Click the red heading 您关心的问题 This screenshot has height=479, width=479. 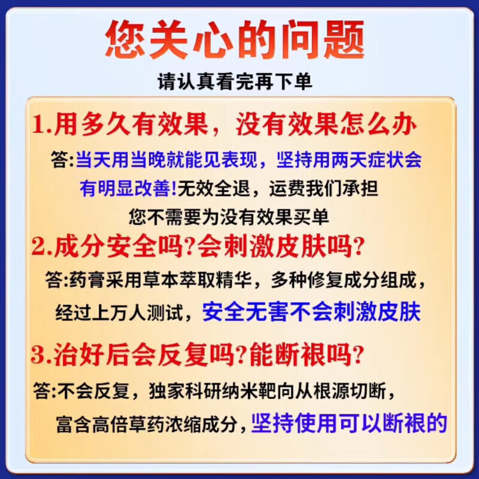point(235,41)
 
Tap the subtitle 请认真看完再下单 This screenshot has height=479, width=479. point(235,81)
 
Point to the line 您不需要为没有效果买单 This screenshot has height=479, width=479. point(229,216)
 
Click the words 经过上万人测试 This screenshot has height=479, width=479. point(123,312)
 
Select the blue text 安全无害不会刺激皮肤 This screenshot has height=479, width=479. point(311,312)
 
